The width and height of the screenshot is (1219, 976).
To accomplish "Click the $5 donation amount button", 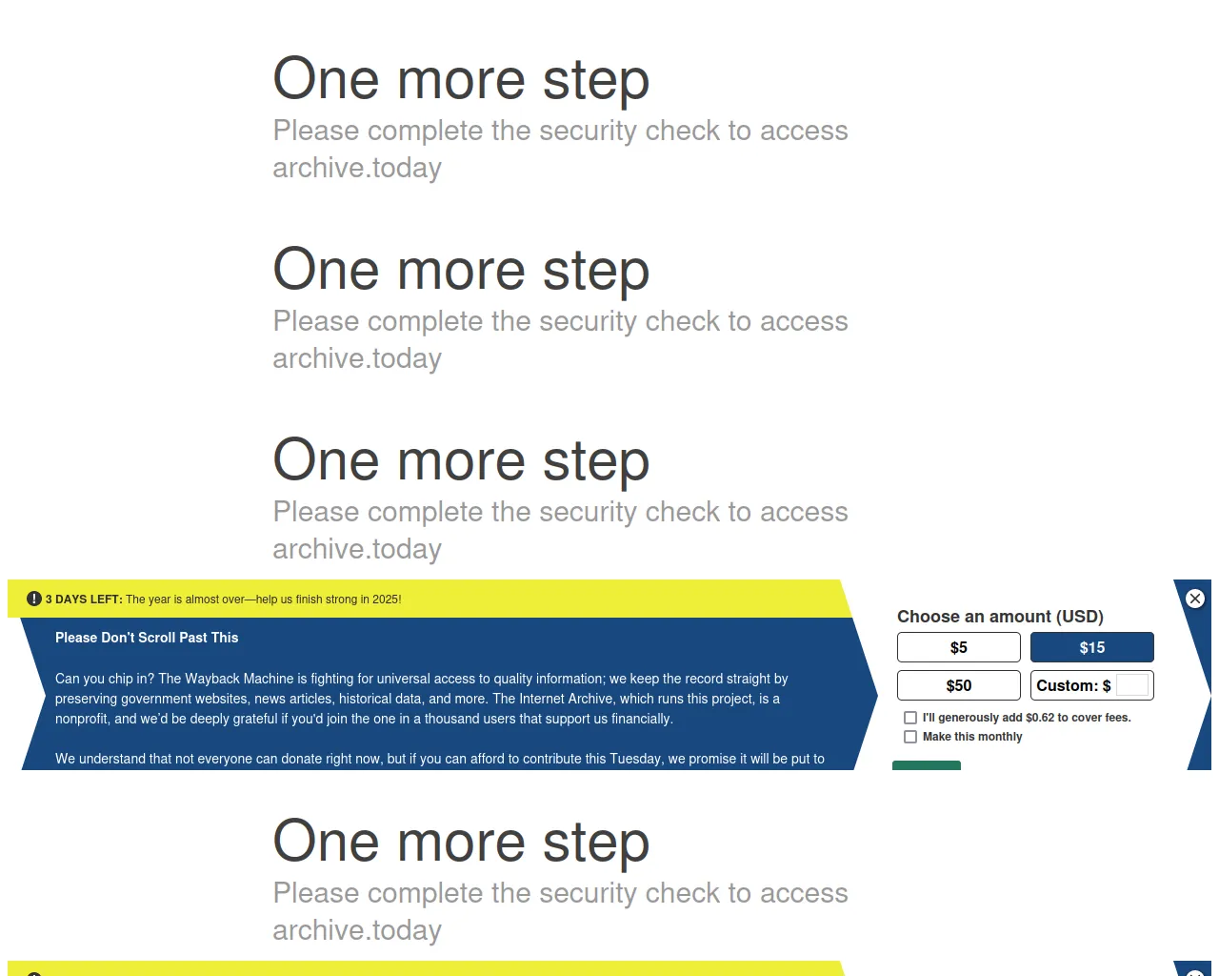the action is (958, 647).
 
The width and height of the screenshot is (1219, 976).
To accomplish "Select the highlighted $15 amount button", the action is (1091, 647).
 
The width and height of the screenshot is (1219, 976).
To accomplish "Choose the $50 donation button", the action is (958, 685).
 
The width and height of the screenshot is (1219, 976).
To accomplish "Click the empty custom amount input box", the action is (1131, 685).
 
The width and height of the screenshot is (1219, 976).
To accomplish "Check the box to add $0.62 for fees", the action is (910, 718).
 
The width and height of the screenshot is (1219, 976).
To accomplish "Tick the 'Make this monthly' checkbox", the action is (910, 737).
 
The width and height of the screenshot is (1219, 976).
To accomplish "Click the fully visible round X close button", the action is (1194, 599).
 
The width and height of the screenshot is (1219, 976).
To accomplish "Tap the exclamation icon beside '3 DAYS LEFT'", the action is (34, 599).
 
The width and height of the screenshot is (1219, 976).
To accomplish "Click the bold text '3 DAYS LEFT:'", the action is (84, 600).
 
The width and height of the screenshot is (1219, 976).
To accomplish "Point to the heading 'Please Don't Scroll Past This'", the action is (147, 638).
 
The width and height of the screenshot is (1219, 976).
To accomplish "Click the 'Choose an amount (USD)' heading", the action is (1000, 617).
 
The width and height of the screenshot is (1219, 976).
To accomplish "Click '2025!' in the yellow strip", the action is (387, 600).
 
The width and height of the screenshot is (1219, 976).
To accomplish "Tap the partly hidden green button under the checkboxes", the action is (926, 765).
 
